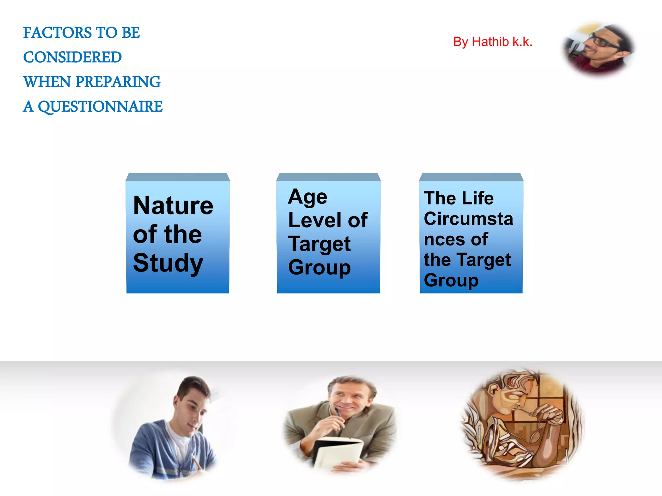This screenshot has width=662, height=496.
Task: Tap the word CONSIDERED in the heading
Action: [x=72, y=57]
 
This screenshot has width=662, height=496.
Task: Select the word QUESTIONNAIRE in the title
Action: [x=100, y=107]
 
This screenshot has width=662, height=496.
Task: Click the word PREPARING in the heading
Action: [x=118, y=82]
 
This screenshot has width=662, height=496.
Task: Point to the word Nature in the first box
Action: [x=173, y=206]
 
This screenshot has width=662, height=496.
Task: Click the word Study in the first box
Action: [x=168, y=263]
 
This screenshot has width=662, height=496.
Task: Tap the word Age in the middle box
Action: [x=307, y=197]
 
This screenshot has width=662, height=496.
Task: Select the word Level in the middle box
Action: [x=315, y=221]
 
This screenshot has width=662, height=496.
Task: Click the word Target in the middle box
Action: [x=319, y=244]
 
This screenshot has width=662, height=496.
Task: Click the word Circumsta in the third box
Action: [x=468, y=219]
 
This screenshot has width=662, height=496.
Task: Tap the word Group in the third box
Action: [x=451, y=280]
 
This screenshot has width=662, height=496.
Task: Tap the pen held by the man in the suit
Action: [x=338, y=413]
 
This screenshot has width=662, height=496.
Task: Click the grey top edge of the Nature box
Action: [x=178, y=177]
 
